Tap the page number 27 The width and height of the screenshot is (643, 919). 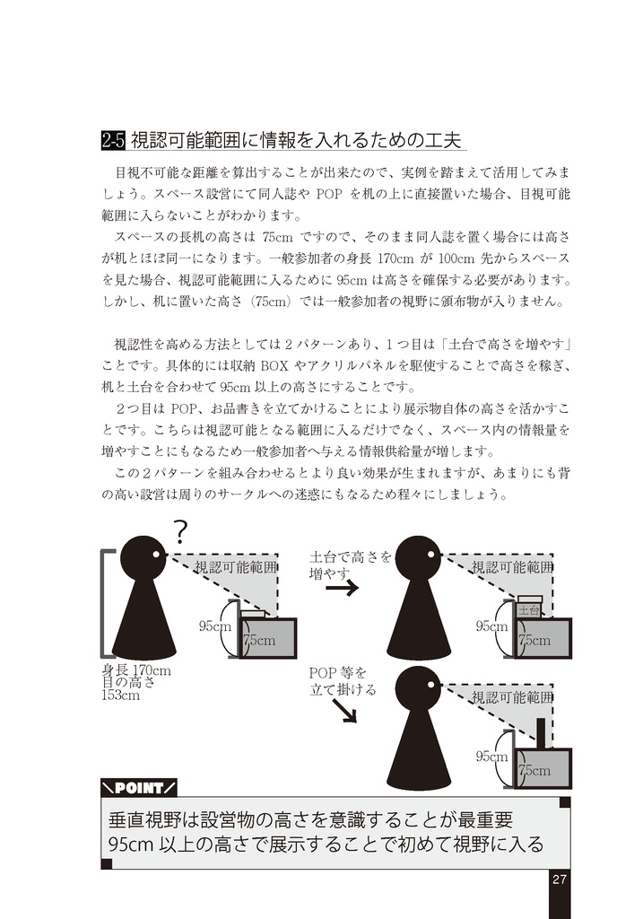tap(559, 879)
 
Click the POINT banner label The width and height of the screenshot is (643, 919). tap(139, 788)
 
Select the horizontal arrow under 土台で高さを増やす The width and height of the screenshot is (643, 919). tap(342, 589)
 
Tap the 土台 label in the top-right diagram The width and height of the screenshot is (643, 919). tap(528, 610)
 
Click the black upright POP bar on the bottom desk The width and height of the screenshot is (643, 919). tap(541, 733)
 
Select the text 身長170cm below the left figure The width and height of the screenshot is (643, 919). tap(135, 670)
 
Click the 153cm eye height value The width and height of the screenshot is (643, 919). tap(120, 695)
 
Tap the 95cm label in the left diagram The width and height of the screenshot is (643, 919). tap(215, 626)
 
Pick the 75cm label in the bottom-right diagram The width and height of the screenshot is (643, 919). tap(535, 770)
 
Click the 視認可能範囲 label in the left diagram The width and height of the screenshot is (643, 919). tap(236, 567)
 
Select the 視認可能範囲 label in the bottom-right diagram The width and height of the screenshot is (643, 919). tap(512, 696)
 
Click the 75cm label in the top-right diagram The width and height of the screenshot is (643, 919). tap(535, 641)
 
